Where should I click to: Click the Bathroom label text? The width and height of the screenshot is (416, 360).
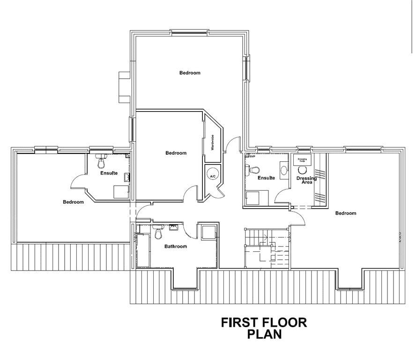pyautogui.click(x=176, y=247)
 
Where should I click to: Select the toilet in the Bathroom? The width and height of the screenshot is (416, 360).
pyautogui.click(x=157, y=232)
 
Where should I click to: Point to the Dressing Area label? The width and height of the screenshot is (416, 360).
pyautogui.click(x=307, y=180)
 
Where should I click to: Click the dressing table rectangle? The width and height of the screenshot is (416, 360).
pyautogui.click(x=302, y=160)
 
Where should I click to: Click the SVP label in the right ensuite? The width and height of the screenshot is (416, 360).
pyautogui.click(x=252, y=157)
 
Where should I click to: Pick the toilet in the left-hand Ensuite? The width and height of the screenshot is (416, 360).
pyautogui.click(x=101, y=162)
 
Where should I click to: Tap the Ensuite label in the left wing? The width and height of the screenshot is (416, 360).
pyautogui.click(x=109, y=173)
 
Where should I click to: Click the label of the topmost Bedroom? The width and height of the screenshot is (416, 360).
pyautogui.click(x=190, y=73)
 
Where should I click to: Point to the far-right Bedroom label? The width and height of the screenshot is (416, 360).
pyautogui.click(x=346, y=213)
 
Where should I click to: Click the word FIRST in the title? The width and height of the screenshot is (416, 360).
pyautogui.click(x=242, y=323)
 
